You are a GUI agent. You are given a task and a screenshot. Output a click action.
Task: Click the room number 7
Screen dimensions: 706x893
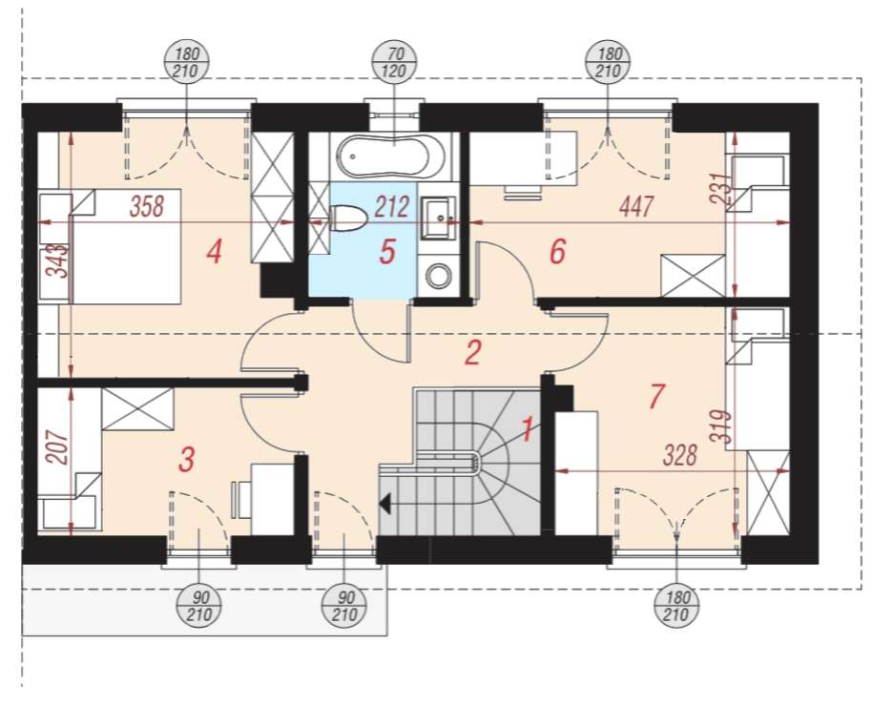(654, 396)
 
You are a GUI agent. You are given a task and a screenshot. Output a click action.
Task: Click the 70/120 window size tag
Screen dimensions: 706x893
(391, 62)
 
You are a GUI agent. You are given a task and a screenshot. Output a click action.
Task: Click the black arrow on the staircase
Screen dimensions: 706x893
(385, 502)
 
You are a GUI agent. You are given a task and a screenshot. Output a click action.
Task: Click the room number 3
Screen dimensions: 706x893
(187, 460)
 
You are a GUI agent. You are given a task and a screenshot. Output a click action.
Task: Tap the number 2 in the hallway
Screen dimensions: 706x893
(472, 353)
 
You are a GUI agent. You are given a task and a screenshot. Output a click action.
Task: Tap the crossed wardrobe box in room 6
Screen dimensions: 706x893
(694, 275)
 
